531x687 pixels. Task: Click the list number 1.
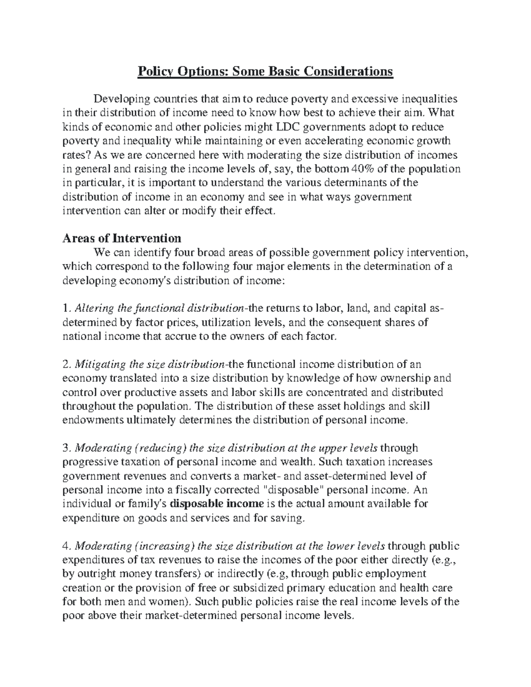[65, 308]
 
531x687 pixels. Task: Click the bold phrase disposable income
[217, 504]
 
